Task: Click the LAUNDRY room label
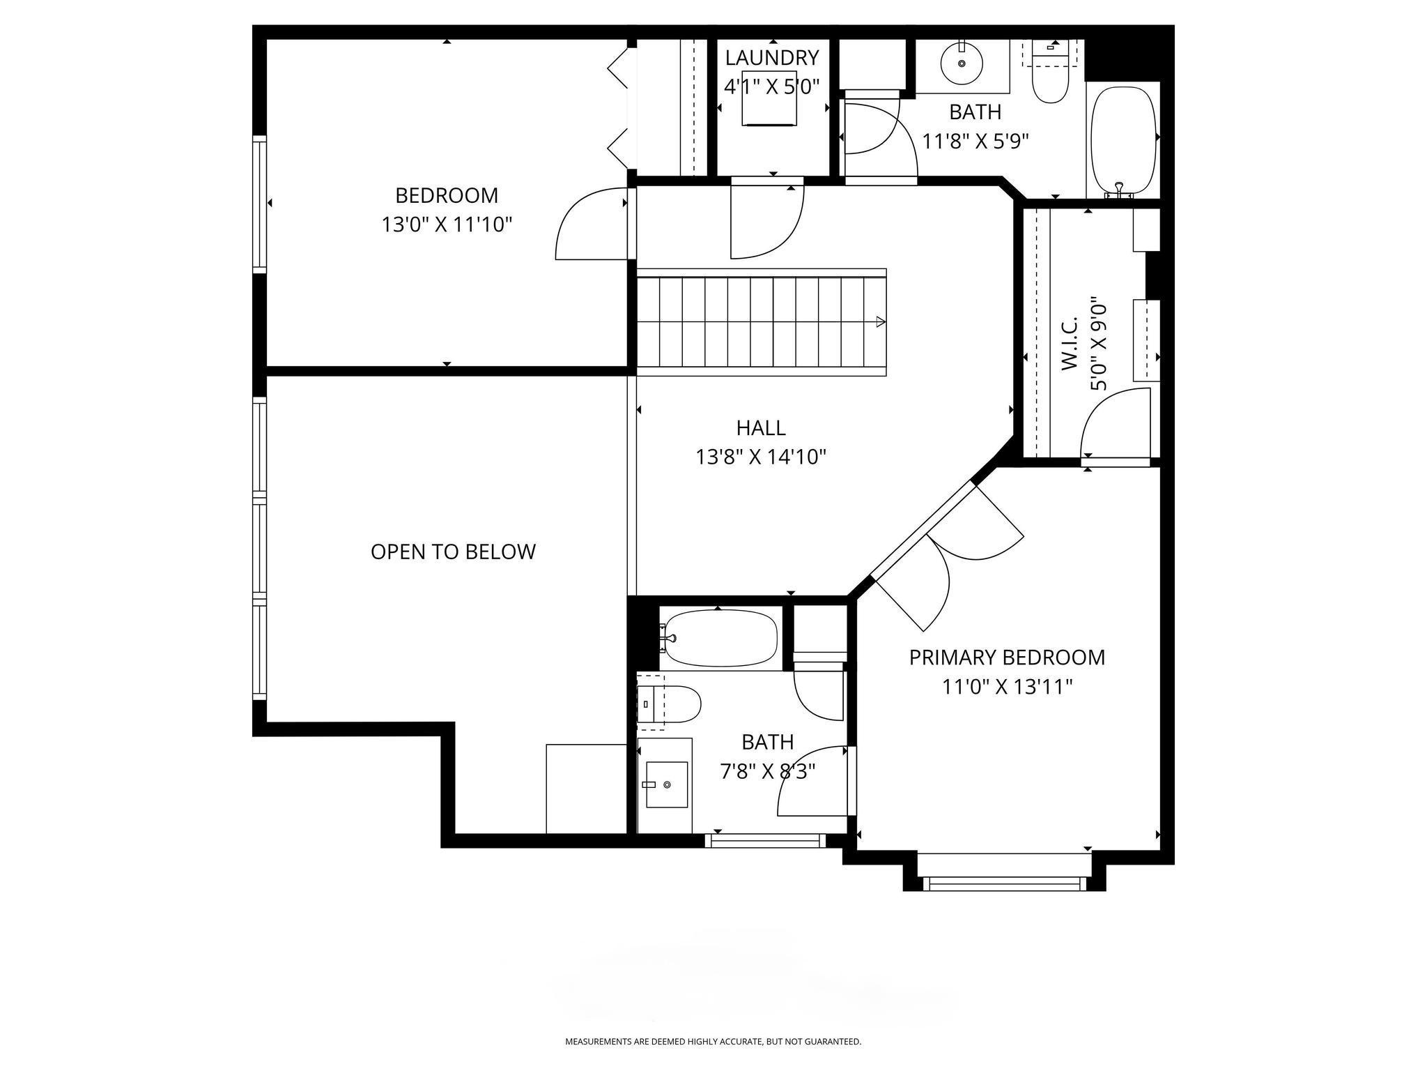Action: pos(772,57)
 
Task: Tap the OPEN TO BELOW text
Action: pos(453,552)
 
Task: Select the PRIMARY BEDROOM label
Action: pos(1007,658)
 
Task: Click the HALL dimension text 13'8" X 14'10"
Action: pos(761,457)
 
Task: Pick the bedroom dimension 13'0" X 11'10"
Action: pos(447,225)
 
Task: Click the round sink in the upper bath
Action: pos(962,63)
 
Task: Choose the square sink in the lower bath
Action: pos(667,784)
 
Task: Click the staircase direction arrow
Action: pos(881,322)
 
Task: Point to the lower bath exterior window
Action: pos(764,840)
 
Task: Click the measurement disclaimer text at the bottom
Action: pos(713,1042)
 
